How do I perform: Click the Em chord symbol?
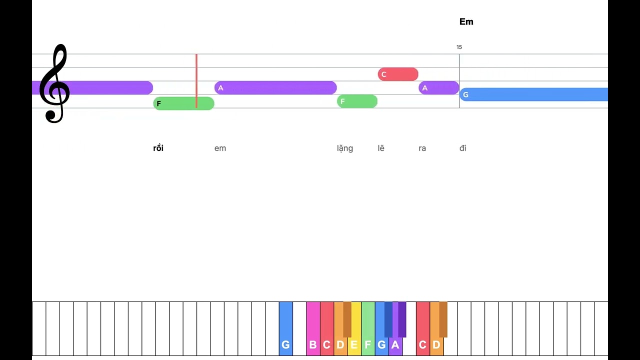pyautogui.click(x=466, y=21)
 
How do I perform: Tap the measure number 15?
pyautogui.click(x=459, y=47)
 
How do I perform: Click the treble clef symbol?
pyautogui.click(x=54, y=83)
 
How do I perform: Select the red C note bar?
pyautogui.click(x=398, y=74)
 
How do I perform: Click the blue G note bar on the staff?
pyautogui.click(x=533, y=94)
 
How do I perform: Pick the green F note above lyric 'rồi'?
pyautogui.click(x=183, y=103)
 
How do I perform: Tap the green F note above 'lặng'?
pyautogui.click(x=357, y=101)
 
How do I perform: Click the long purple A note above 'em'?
pyautogui.click(x=275, y=87)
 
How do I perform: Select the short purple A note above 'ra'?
pyautogui.click(x=439, y=87)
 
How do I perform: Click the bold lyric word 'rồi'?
pyautogui.click(x=158, y=148)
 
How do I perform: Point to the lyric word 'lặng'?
pyautogui.click(x=345, y=148)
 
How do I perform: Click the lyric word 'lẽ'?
pyautogui.click(x=381, y=148)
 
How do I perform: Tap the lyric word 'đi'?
pyautogui.click(x=463, y=148)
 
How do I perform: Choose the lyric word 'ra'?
pyautogui.click(x=422, y=148)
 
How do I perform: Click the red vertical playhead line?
pyautogui.click(x=196, y=81)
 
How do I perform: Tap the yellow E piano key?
pyautogui.click(x=354, y=328)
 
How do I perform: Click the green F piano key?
pyautogui.click(x=368, y=328)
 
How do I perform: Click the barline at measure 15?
pyautogui.click(x=459, y=81)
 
